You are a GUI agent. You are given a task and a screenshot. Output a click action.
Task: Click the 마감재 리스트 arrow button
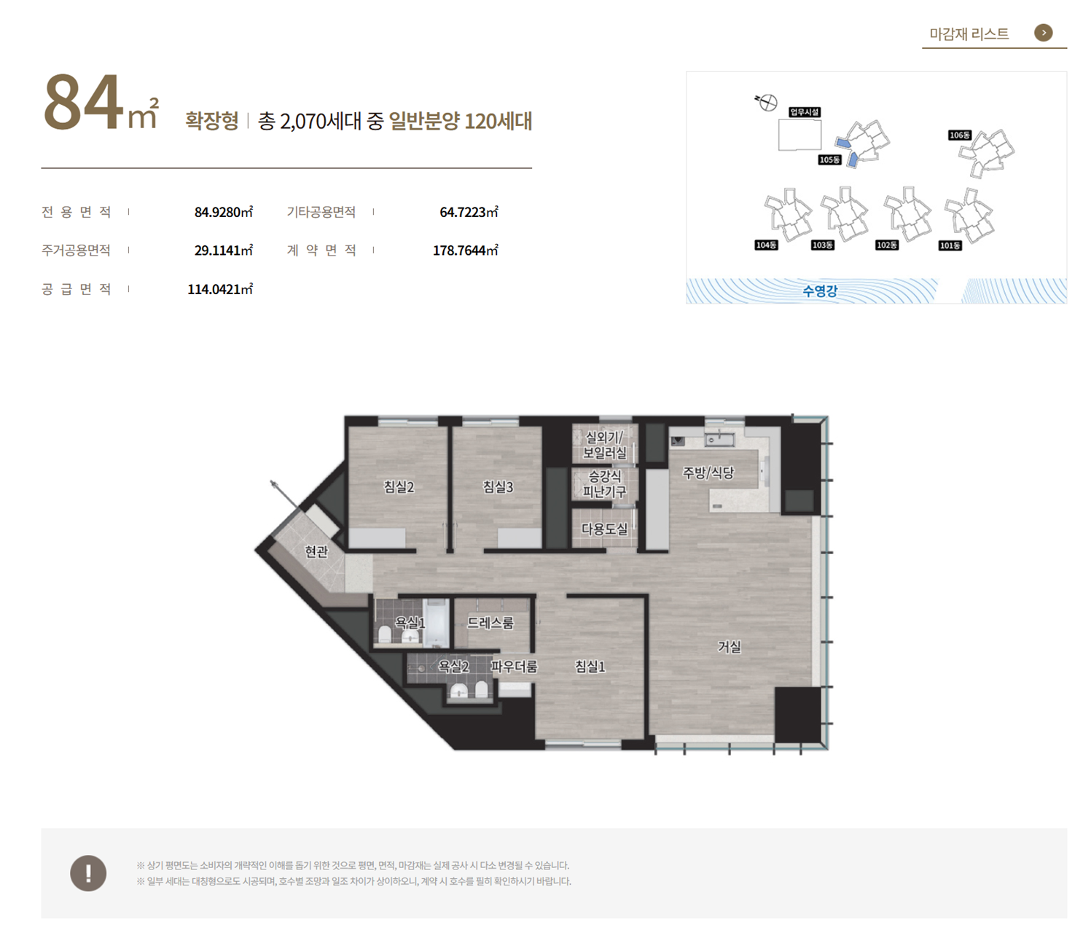click(1042, 33)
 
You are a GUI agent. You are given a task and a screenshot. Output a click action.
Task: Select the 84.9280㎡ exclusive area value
click(223, 212)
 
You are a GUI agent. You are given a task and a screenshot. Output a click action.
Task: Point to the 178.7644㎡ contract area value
click(465, 250)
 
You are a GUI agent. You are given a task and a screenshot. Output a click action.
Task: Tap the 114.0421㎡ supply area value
click(220, 289)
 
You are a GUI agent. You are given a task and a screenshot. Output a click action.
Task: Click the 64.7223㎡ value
click(469, 212)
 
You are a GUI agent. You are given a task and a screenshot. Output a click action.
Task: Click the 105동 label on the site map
click(829, 159)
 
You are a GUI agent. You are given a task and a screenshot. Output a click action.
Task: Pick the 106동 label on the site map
click(959, 135)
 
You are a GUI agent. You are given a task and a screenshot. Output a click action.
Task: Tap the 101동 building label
click(950, 246)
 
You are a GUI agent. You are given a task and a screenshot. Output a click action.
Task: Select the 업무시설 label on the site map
click(805, 112)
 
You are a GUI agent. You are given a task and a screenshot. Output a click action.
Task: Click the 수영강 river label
click(820, 291)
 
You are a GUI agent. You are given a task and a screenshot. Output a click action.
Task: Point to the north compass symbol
click(767, 102)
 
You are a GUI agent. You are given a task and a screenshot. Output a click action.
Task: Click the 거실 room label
click(729, 647)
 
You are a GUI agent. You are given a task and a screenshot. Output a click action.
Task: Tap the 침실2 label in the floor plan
click(399, 487)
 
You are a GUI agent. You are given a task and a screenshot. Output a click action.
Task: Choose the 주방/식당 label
click(708, 473)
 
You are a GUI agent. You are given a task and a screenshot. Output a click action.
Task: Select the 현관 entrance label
click(316, 552)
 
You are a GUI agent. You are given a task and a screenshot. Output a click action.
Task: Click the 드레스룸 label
click(490, 623)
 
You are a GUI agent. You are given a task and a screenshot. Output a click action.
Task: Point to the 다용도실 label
click(604, 529)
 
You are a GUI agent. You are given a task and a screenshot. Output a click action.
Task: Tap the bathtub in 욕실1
click(436, 623)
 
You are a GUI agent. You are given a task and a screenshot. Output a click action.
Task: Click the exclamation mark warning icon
click(88, 873)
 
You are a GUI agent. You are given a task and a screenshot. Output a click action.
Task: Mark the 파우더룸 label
click(514, 666)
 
